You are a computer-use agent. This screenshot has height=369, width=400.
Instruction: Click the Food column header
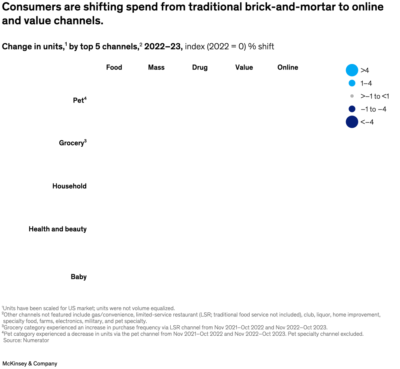[114, 67]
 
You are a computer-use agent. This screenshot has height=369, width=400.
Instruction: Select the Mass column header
[156, 67]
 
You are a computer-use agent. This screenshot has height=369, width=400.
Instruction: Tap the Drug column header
[200, 67]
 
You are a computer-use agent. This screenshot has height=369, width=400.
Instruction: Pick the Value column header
[244, 67]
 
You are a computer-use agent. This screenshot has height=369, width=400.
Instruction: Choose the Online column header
[288, 67]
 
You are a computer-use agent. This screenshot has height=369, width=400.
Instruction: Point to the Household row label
[69, 186]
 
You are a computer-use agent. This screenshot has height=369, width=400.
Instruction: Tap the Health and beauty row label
[57, 229]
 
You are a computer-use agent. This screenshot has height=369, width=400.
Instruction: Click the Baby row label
[79, 277]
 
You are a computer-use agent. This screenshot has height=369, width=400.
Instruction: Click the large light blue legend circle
[352, 70]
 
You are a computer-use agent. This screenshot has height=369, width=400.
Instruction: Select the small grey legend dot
[352, 96]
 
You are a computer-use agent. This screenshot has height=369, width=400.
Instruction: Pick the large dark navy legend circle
[352, 122]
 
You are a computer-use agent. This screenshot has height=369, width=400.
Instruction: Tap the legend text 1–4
[366, 83]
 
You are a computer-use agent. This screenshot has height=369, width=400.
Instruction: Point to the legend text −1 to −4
[373, 109]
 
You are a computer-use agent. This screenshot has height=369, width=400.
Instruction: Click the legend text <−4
[367, 122]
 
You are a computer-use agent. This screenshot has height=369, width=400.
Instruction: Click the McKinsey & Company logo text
[30, 363]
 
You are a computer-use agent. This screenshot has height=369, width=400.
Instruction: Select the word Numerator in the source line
[36, 340]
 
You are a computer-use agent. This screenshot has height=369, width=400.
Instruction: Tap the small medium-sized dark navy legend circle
[352, 109]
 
